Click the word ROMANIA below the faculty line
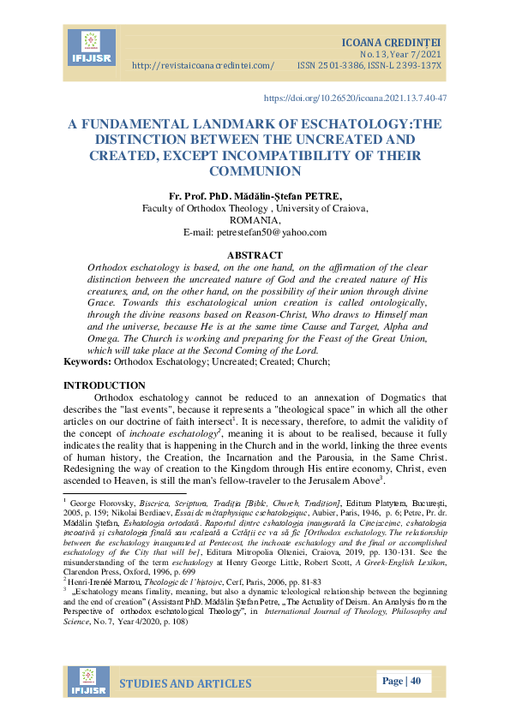[255, 220]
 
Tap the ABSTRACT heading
[255, 255]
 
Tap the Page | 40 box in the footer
[402, 682]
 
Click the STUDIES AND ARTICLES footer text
[185, 683]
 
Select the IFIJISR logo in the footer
[84, 682]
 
